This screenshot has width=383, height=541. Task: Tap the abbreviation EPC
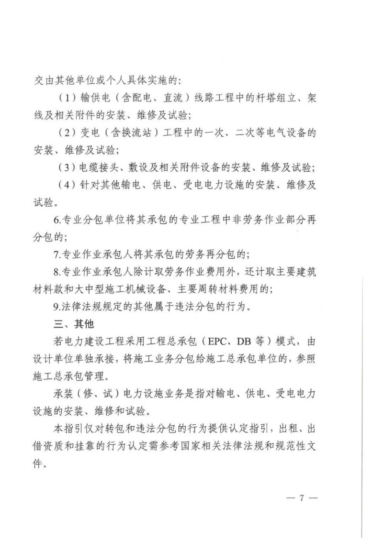point(211,342)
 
